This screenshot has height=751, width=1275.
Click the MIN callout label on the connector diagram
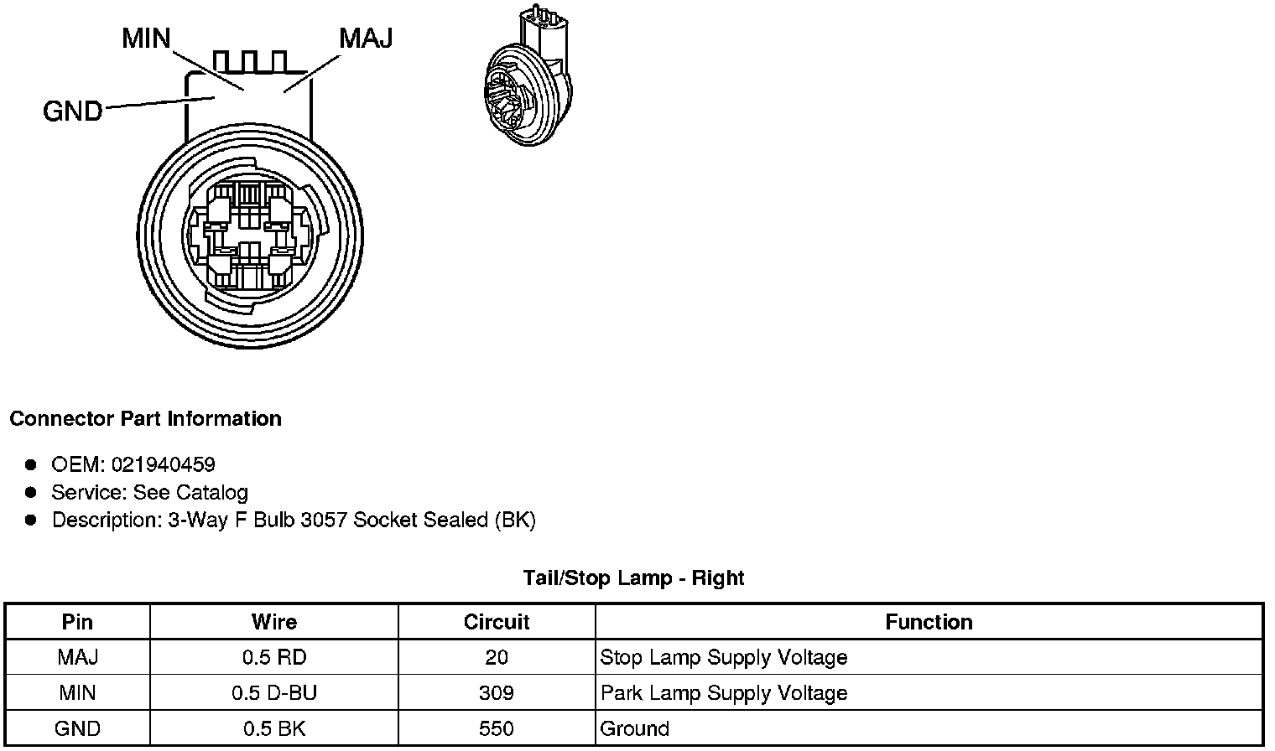(146, 39)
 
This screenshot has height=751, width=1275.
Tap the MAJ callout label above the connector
(366, 39)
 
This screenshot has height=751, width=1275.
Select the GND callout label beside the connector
(73, 111)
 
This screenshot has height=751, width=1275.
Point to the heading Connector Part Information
(146, 419)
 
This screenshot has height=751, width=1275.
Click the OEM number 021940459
(164, 465)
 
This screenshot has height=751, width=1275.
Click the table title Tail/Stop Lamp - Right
(633, 578)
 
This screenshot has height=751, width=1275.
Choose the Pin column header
(77, 622)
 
